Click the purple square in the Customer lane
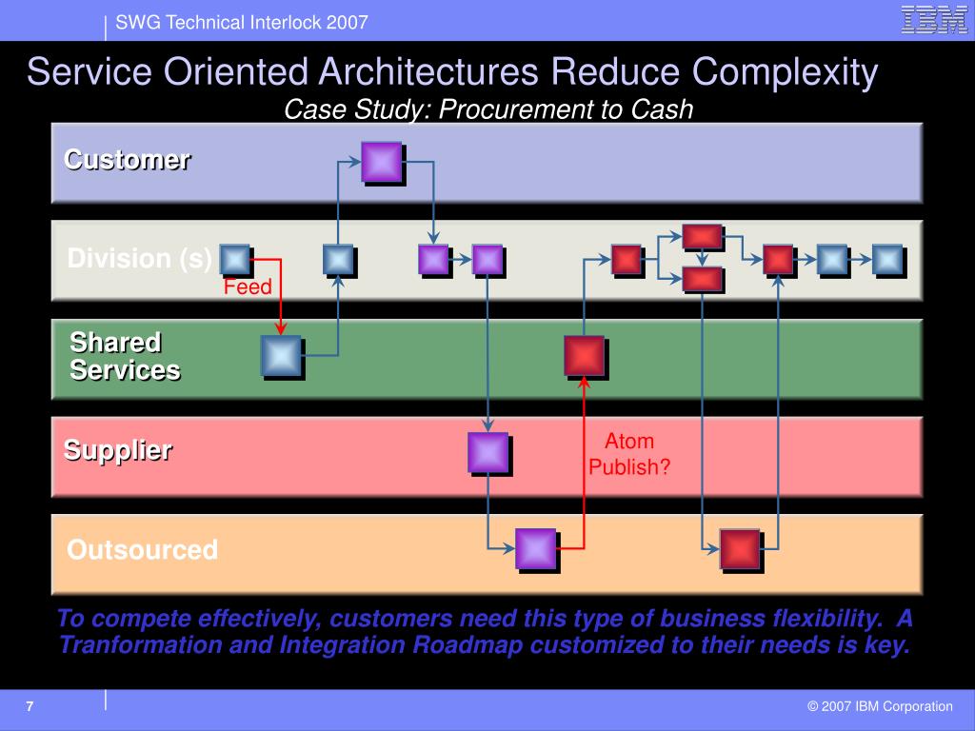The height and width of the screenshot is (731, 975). (x=381, y=162)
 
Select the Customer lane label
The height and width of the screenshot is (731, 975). (x=127, y=159)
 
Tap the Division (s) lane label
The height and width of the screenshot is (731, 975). (x=139, y=259)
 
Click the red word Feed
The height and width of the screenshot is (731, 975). (x=248, y=287)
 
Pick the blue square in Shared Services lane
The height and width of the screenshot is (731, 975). (x=281, y=356)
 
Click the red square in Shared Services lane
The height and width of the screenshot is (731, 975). (x=584, y=356)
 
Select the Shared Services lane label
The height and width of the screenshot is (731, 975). (x=125, y=356)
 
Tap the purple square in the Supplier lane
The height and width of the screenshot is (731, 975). (x=487, y=452)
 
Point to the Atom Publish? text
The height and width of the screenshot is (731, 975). (x=629, y=454)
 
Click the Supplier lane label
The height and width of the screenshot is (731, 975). (x=118, y=450)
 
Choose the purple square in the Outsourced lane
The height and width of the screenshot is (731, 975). (x=535, y=548)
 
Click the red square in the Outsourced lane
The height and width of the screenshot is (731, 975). (x=740, y=548)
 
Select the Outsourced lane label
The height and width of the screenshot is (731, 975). (x=142, y=550)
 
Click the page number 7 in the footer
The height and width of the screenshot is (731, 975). (x=30, y=706)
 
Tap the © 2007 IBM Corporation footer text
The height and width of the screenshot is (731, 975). (x=880, y=706)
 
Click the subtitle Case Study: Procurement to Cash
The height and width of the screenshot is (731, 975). (x=488, y=110)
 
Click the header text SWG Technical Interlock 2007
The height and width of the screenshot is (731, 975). (x=242, y=23)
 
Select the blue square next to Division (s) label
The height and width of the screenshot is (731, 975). (x=234, y=259)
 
